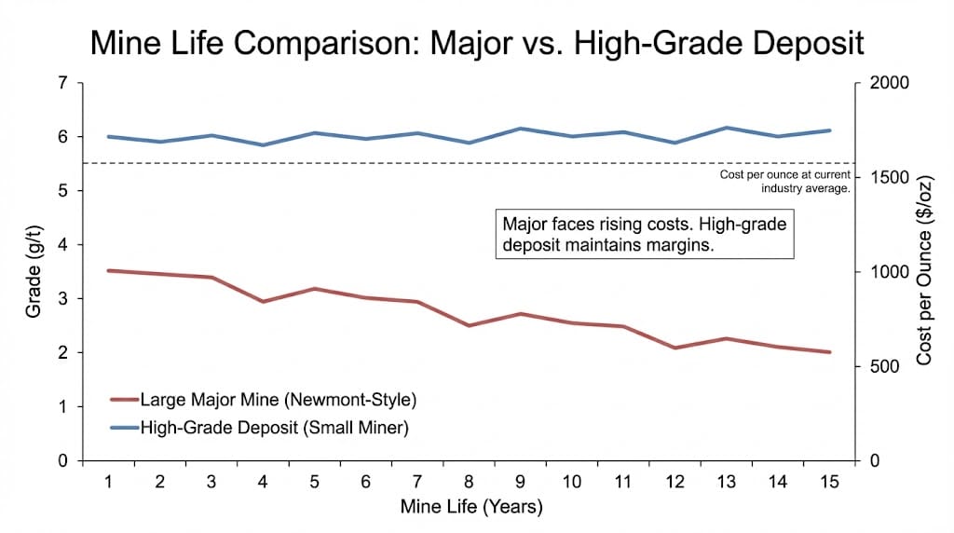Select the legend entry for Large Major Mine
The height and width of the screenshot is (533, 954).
[x=277, y=401]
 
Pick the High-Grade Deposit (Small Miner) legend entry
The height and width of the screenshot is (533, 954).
[x=274, y=429]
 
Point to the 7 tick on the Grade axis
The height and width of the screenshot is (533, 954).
[x=62, y=83]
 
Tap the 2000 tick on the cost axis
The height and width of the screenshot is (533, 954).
[x=888, y=83]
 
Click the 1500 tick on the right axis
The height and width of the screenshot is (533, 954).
[x=888, y=178]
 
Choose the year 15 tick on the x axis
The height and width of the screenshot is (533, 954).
[x=828, y=482]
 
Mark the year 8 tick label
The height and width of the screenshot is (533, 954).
[x=469, y=482]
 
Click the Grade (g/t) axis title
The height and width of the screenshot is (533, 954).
[x=34, y=272]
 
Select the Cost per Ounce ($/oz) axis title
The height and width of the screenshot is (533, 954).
[x=925, y=272]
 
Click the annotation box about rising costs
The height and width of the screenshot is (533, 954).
[x=644, y=234]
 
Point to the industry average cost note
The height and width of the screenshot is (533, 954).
[x=784, y=182]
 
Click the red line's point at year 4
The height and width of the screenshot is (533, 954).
[x=263, y=302]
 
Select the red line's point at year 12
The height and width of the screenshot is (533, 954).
[x=675, y=348]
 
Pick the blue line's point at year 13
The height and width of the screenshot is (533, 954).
[x=726, y=128]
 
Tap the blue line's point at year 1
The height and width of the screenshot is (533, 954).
[x=109, y=136]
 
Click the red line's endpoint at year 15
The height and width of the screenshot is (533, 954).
[x=828, y=352]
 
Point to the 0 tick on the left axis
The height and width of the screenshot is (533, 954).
[x=62, y=461]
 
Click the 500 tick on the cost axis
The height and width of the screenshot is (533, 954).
[x=884, y=367]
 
